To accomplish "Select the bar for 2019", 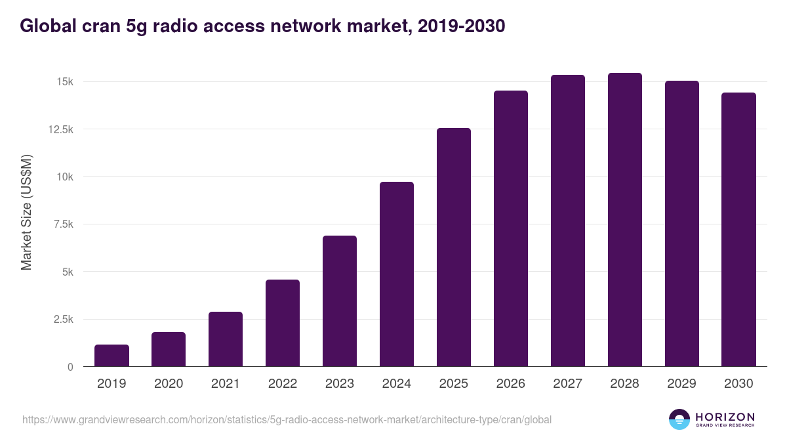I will (x=111, y=356).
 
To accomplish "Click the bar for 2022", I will (x=283, y=323).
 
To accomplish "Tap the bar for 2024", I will (x=397, y=274).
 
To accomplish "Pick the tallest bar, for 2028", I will (x=625, y=220).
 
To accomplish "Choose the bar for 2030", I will (x=739, y=230).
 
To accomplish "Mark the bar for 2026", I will (x=511, y=228).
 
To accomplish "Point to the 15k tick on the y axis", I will (x=64, y=82).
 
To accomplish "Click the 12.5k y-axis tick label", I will (x=60, y=129).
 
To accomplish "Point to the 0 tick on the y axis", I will (x=70, y=367).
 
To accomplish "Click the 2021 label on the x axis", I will (x=226, y=384).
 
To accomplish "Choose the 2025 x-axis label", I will (x=454, y=384).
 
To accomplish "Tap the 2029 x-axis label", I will (x=682, y=384).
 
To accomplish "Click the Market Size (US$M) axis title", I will (x=26, y=213).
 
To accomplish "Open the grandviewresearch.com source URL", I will (x=287, y=419).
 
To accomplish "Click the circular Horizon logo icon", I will (x=679, y=419).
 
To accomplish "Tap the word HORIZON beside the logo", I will (x=725, y=417).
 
